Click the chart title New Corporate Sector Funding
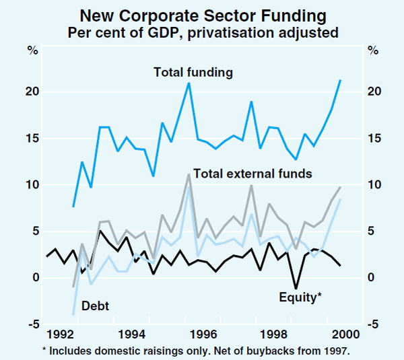(x=202, y=14)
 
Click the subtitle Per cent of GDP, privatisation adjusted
(x=202, y=31)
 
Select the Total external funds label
(x=252, y=174)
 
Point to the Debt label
(x=95, y=305)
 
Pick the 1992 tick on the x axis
(x=62, y=334)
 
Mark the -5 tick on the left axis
(x=32, y=325)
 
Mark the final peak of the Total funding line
(x=340, y=80)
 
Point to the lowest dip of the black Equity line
(x=296, y=288)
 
